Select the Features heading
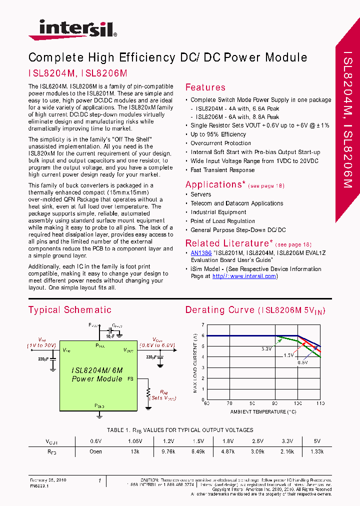pos(205,87)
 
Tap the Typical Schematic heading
pos(70,310)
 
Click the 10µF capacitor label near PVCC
pos(110,336)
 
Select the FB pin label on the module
pos(130,379)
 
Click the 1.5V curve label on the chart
pos(288,354)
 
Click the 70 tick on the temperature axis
pos(229,403)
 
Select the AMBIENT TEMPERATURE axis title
pos(263,412)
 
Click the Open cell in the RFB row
pos(95,451)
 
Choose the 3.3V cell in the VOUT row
pos(286,441)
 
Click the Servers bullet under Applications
pos(200,194)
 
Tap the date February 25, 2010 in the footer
pos(48,480)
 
